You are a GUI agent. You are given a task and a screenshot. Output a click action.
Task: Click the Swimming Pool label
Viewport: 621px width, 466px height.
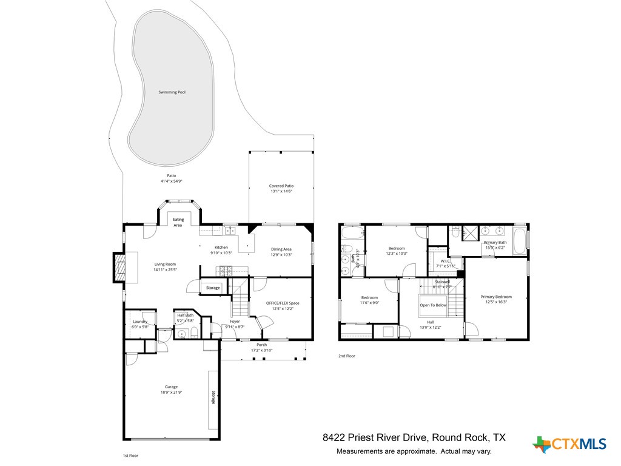pos(172,92)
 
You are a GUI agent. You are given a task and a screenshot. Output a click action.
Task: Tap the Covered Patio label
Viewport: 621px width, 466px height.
pos(281,186)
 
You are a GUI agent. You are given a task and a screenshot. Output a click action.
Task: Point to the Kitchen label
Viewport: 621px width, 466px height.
pos(221,248)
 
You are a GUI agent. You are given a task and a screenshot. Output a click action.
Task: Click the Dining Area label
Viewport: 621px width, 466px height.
pos(281,249)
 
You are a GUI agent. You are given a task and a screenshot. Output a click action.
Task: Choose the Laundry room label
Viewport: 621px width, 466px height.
pos(139,322)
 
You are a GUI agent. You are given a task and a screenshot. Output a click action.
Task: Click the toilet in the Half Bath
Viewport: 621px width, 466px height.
pos(193,333)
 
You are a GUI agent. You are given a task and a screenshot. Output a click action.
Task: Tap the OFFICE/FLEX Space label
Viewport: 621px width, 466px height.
pos(283,303)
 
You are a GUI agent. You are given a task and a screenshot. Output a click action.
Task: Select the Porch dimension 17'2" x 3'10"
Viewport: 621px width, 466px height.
pos(262,350)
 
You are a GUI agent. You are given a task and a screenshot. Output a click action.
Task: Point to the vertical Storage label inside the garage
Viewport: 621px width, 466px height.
pos(213,397)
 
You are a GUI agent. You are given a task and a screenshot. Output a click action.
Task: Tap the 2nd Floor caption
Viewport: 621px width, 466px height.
pos(347,356)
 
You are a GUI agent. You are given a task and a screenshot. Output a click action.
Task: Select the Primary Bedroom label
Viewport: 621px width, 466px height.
pos(496,297)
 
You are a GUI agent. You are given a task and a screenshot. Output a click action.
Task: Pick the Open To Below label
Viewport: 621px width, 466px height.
pos(433,305)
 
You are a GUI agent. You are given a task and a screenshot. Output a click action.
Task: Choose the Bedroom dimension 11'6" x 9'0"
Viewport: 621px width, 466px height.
pos(369,303)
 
